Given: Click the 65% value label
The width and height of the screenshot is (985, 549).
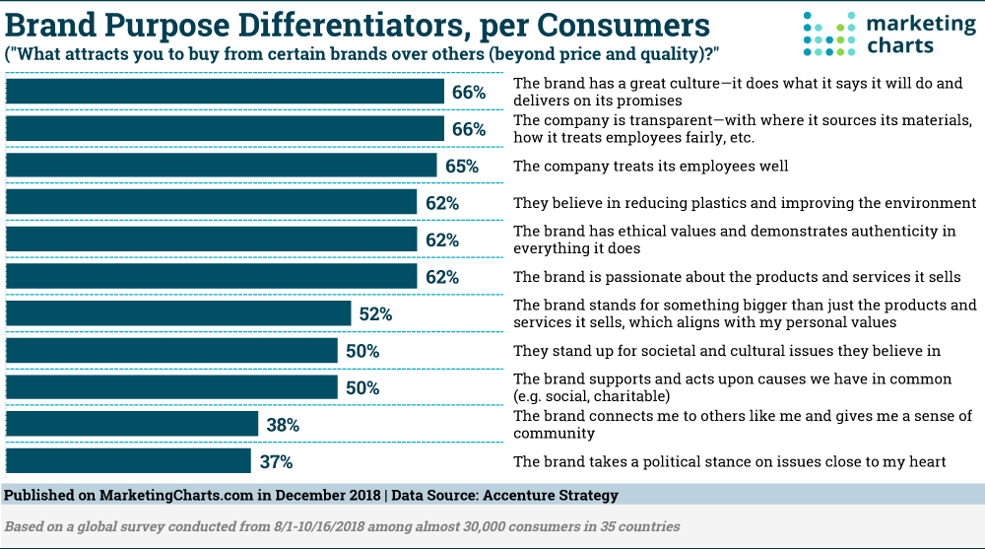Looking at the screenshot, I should tap(461, 167).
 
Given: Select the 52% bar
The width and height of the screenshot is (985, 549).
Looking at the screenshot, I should tap(178, 314).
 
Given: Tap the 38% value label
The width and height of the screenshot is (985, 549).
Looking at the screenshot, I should tap(283, 426).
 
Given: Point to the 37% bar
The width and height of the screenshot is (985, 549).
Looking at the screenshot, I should tap(128, 461).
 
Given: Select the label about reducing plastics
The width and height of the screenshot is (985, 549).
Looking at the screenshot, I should tap(744, 203).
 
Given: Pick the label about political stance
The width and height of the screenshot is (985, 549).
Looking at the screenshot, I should tap(730, 461).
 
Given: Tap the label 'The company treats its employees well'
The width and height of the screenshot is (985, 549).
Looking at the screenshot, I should tap(651, 167).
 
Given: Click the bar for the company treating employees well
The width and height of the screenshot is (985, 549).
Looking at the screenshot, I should tap(222, 166).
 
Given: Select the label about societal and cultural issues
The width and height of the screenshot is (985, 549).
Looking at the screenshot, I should tap(727, 351).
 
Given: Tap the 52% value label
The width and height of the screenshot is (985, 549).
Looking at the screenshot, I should tap(375, 314).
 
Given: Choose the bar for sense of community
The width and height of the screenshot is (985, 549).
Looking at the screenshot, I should tap(132, 425).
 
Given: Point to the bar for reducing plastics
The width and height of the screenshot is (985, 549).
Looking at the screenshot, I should tap(212, 203).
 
